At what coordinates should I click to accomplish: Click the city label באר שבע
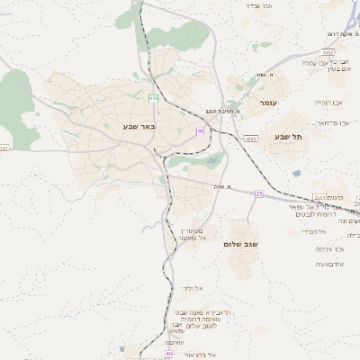(139, 127)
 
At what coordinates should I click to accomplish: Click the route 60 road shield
(200, 131)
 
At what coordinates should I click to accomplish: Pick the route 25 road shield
(259, 193)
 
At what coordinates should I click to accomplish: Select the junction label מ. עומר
(265, 74)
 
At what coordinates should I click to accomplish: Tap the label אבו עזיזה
(326, 247)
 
